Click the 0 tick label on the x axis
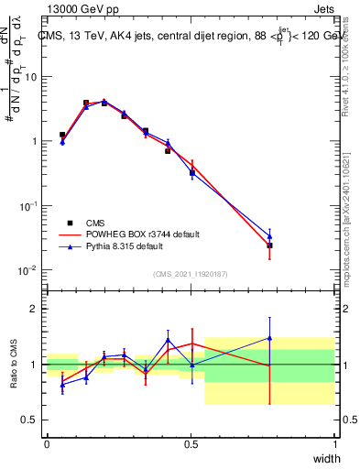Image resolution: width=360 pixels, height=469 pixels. pos(47,444)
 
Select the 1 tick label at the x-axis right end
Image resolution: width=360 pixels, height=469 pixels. pos(334,444)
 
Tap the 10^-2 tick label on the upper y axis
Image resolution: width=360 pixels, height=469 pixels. pos(28,270)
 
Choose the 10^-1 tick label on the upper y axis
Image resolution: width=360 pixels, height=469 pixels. pos(28,206)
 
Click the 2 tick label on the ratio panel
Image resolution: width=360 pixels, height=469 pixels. pos(36,309)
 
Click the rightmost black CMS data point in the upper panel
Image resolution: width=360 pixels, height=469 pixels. pos(269,245)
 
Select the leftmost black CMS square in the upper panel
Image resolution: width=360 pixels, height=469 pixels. pos(62,135)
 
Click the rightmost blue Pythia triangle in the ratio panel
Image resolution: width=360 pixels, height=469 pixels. pos(269,338)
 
